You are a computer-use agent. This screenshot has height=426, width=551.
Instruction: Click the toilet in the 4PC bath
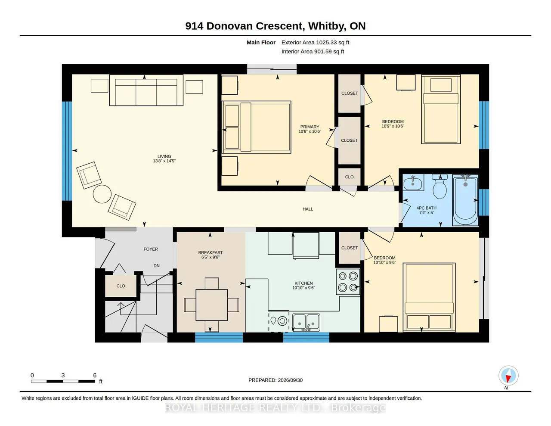coord(440,187)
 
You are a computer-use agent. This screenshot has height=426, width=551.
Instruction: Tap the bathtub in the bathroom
coord(465,200)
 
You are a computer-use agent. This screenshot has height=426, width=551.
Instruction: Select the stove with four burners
coord(348,282)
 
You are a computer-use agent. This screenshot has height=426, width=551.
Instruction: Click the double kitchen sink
coord(306,323)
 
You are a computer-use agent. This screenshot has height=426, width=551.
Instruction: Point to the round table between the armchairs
coord(102,194)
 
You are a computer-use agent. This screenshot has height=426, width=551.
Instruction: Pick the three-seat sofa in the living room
coord(146,90)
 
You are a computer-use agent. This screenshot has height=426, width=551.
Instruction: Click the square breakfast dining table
coord(211,305)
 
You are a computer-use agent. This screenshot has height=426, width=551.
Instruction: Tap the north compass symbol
coord(508,376)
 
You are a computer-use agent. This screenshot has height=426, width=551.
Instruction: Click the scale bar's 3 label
coord(63,375)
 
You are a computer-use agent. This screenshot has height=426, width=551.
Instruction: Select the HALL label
coord(308,209)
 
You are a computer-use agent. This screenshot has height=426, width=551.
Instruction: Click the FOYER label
coord(151,249)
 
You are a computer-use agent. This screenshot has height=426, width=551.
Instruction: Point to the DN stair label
coord(156,266)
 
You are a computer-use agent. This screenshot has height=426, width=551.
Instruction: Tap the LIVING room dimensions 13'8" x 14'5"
coord(164,161)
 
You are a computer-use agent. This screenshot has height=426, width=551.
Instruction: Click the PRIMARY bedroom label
coord(310,127)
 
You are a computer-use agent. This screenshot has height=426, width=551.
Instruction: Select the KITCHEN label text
coord(303,283)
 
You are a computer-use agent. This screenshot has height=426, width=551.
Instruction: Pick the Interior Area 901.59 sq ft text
coord(313,52)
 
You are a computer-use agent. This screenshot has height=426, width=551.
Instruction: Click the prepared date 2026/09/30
coord(290,380)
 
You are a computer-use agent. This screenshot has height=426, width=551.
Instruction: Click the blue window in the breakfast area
coord(219,337)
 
